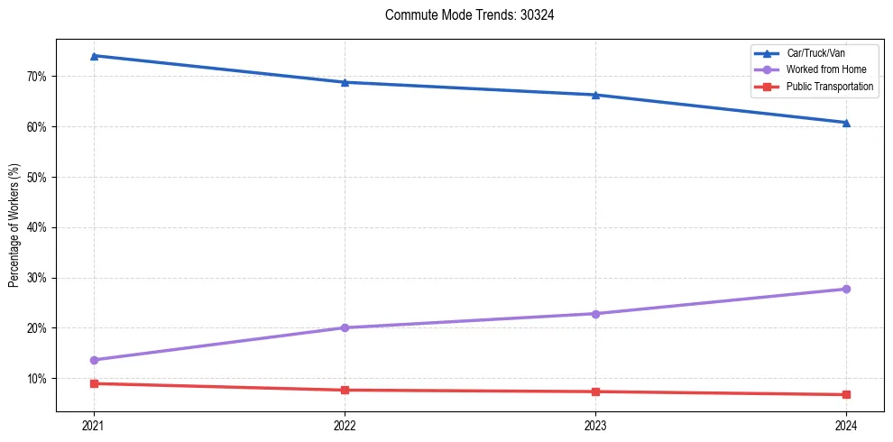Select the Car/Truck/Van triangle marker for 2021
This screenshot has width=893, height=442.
pyautogui.click(x=94, y=56)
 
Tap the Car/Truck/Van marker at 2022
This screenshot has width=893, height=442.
pyautogui.click(x=345, y=82)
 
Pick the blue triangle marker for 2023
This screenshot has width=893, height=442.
pyautogui.click(x=595, y=95)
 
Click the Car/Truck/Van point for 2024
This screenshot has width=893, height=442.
pyautogui.click(x=846, y=123)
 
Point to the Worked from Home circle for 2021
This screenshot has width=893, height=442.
pyautogui.click(x=94, y=360)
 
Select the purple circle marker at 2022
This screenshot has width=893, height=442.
pyautogui.click(x=345, y=327)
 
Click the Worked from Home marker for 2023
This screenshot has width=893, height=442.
pyautogui.click(x=595, y=314)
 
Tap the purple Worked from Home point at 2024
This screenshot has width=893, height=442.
pyautogui.click(x=846, y=289)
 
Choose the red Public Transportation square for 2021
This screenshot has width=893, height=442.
pyautogui.click(x=94, y=383)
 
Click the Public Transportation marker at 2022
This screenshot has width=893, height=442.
pyautogui.click(x=345, y=390)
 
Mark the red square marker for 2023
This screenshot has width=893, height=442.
pyautogui.click(x=595, y=391)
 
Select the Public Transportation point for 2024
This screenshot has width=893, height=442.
pyautogui.click(x=846, y=394)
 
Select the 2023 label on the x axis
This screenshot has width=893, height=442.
pyautogui.click(x=595, y=426)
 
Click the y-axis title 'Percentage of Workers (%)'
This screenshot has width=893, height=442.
pyautogui.click(x=14, y=226)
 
